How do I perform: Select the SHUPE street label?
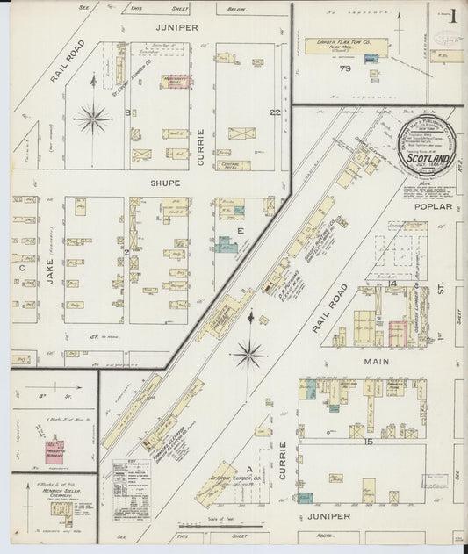[x=164, y=183]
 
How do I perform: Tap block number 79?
[x=346, y=68]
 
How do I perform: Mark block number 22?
[x=274, y=112]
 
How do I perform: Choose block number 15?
[x=369, y=441]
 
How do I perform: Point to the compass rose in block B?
[x=92, y=118]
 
